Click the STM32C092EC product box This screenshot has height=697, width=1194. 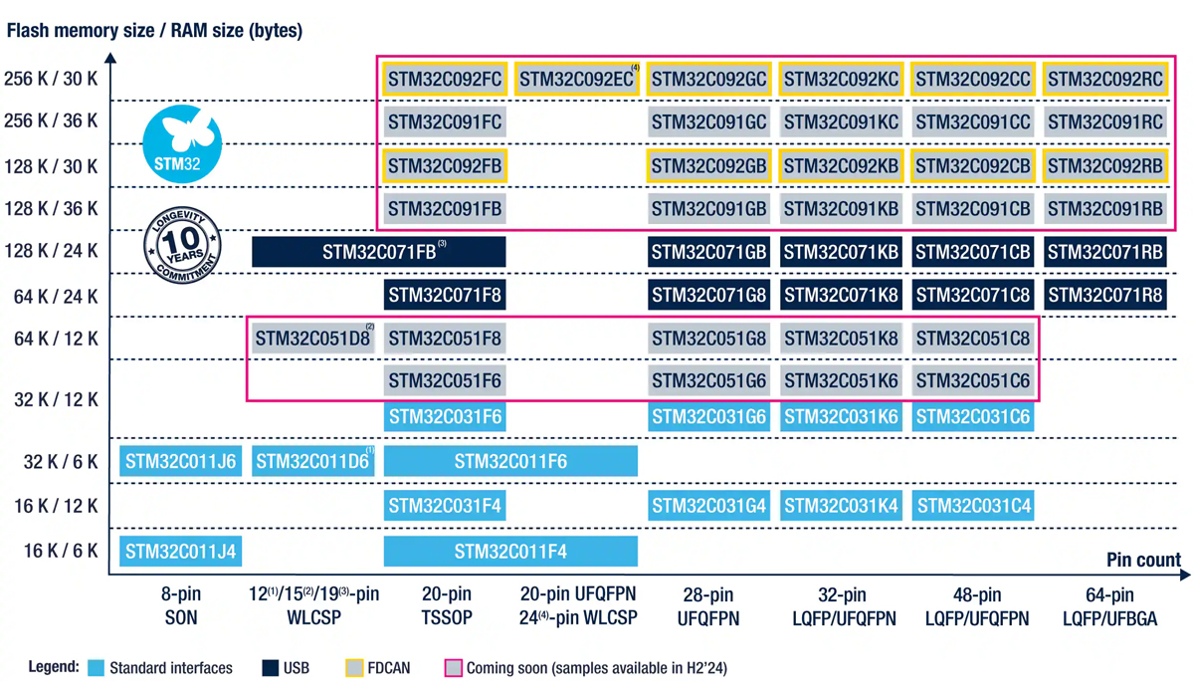click(577, 79)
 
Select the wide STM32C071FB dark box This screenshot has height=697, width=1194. click(378, 252)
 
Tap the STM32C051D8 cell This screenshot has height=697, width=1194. click(312, 339)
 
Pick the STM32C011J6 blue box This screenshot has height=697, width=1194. click(180, 461)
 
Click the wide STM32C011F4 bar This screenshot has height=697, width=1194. click(510, 551)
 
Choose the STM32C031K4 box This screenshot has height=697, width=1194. click(841, 506)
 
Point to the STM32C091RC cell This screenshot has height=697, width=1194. click(1104, 122)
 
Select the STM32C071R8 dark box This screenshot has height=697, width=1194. click(1104, 296)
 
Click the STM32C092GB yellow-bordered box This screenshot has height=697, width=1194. click(708, 165)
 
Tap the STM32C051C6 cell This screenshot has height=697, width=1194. click(973, 381)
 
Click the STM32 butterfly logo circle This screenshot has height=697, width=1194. click(181, 145)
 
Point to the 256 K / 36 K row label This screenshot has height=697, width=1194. click(51, 121)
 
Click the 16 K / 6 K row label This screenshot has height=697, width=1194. click(61, 551)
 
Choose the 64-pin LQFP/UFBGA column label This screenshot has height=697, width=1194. click(1109, 606)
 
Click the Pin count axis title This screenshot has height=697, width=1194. click(1143, 560)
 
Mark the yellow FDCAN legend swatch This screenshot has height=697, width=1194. click(354, 667)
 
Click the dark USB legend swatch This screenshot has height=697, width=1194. click(270, 667)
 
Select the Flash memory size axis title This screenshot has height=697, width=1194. click(154, 31)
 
